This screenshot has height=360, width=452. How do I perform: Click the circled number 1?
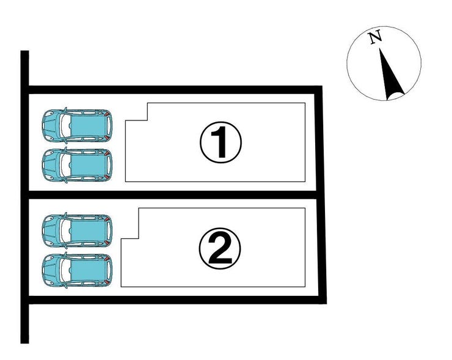221,142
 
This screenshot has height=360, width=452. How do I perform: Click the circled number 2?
220,248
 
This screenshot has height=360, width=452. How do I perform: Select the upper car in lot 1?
77,125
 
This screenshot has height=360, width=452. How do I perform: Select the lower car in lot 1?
77,165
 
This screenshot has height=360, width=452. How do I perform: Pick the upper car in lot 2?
77,230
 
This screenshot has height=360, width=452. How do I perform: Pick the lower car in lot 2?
77,270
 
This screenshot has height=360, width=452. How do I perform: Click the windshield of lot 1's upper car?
65,125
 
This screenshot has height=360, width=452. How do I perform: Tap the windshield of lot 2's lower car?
65,270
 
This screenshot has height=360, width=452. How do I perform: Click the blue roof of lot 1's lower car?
88,165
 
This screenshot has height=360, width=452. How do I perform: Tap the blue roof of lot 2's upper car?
88,230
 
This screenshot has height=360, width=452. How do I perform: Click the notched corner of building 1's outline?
148,120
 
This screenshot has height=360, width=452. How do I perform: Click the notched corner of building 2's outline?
139,238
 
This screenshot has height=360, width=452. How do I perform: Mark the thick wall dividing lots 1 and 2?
172,195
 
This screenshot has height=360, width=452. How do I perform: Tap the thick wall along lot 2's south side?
177,300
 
